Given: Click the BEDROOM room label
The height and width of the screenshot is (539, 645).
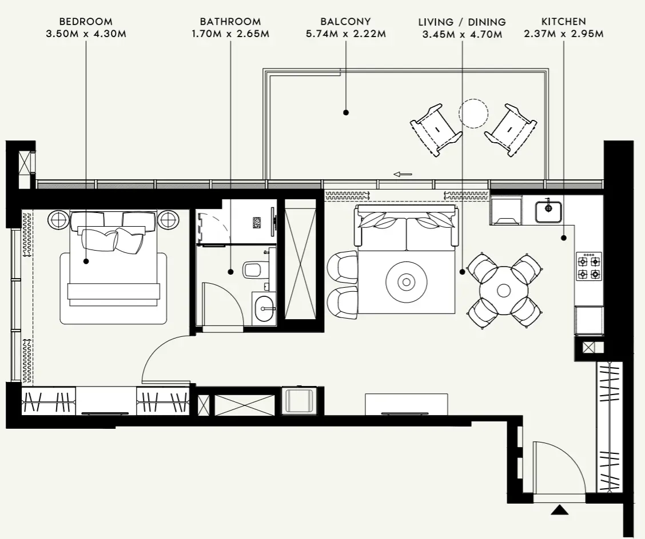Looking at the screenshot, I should (86, 22).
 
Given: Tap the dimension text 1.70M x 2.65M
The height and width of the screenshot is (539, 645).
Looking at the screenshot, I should (230, 34).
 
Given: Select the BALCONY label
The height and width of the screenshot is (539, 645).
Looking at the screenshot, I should (345, 22).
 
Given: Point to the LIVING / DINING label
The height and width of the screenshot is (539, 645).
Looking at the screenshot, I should (462, 22).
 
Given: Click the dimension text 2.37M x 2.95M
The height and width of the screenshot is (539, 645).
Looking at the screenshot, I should (563, 34).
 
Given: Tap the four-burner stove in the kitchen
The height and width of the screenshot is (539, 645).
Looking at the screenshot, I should (589, 267).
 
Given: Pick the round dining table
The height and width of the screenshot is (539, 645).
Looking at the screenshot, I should (504, 291).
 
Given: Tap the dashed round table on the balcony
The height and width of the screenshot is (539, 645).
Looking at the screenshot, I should (473, 114).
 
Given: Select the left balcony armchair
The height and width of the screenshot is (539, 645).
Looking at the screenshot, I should (436, 130).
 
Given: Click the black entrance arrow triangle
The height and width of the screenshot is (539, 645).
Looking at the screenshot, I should (559, 510).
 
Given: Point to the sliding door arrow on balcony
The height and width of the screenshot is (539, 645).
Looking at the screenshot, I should (403, 174).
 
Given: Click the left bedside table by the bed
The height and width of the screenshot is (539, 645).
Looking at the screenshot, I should (58, 219).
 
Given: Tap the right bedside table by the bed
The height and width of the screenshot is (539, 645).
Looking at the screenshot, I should (168, 219).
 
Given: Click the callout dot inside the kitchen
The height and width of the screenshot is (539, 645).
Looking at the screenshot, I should (563, 238).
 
